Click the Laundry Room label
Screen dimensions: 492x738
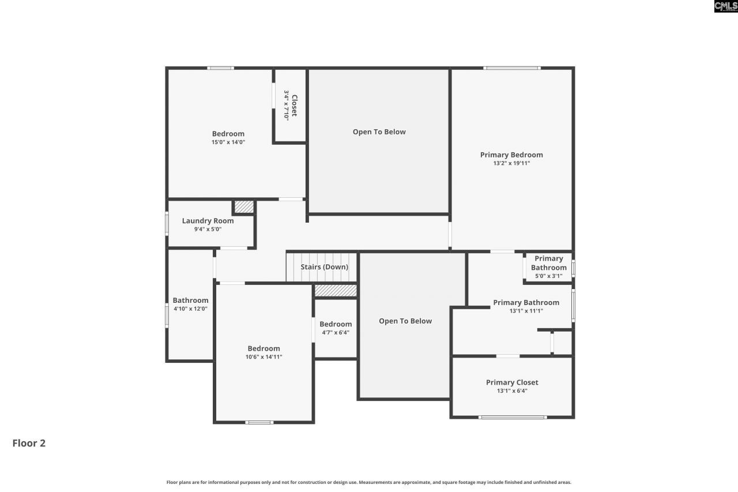[208, 221]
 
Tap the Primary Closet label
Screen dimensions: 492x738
[512, 382]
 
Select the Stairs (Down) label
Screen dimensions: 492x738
[324, 267]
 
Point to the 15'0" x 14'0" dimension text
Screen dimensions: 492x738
[228, 142]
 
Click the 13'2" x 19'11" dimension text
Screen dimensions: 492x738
[511, 163]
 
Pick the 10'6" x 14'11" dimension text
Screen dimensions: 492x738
[263, 357]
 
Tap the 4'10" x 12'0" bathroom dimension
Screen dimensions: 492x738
[190, 309]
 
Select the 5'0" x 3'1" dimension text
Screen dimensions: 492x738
[548, 276]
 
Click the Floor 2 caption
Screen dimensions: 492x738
[29, 443]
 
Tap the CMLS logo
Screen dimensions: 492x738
[725, 6]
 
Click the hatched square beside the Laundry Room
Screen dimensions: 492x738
[244, 206]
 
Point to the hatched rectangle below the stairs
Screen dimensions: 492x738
[336, 291]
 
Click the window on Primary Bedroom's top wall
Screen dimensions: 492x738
[512, 68]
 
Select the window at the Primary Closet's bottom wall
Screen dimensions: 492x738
[512, 416]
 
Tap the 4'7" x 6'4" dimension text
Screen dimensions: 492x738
[336, 332]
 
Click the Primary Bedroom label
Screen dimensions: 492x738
[511, 155]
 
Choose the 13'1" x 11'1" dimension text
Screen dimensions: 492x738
[526, 311]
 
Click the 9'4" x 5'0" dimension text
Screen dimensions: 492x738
[208, 229]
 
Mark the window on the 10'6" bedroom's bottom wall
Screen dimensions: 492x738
[259, 422]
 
